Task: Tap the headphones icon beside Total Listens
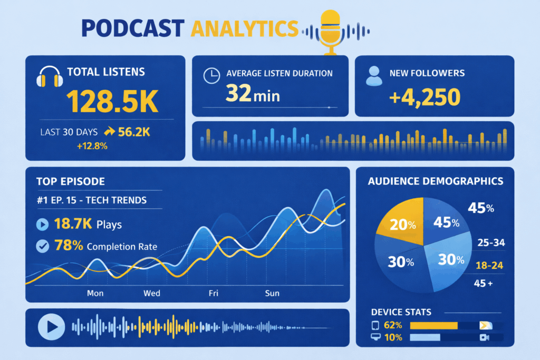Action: [x=49, y=78]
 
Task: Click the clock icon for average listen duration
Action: [x=211, y=76]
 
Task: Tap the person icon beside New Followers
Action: [x=374, y=76]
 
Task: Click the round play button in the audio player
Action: [x=51, y=327]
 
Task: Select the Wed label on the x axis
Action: [x=152, y=293]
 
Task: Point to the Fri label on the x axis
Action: [x=214, y=293]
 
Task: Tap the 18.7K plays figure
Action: [x=73, y=225]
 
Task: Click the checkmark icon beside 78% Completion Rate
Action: [x=43, y=246]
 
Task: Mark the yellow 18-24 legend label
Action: [x=489, y=265]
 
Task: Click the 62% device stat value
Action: [x=393, y=325]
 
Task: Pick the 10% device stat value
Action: [x=393, y=337]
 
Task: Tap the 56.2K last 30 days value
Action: [x=134, y=132]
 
